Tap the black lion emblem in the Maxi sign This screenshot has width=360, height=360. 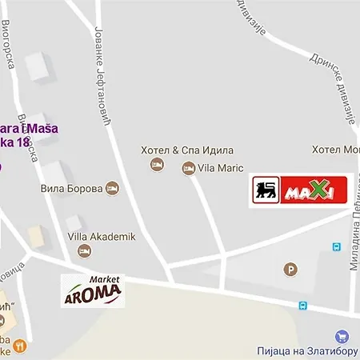pyautogui.click(x=266, y=190)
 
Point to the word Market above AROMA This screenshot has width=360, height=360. pyautogui.click(x=104, y=279)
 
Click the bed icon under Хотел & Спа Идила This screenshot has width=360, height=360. pyautogui.click(x=157, y=165)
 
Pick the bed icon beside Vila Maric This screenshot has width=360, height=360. pyautogui.click(x=188, y=168)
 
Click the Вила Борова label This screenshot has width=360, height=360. pyautogui.click(x=71, y=189)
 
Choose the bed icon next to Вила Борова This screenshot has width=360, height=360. pyautogui.click(x=112, y=189)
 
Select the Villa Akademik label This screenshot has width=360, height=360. pyautogui.click(x=101, y=237)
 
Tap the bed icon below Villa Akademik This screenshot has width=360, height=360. pyautogui.click(x=84, y=251)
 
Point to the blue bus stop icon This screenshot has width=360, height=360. pyautogui.click(x=302, y=305)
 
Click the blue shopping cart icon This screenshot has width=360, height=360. pyautogui.click(x=342, y=337)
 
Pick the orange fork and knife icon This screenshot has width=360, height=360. pyautogui.click(x=19, y=346)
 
